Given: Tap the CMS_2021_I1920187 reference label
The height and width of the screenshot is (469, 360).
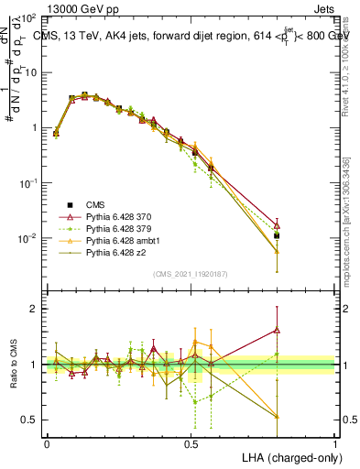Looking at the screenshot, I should (x=191, y=273).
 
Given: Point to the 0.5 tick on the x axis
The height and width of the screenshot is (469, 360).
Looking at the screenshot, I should (x=191, y=442).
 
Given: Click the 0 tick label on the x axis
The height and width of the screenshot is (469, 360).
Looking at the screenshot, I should (x=47, y=442).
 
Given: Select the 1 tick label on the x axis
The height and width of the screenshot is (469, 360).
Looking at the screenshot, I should (x=336, y=442).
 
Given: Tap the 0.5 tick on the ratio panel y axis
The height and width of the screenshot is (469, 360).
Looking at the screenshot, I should (x=29, y=420).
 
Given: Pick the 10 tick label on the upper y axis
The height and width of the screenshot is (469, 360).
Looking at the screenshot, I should (x=31, y=71).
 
